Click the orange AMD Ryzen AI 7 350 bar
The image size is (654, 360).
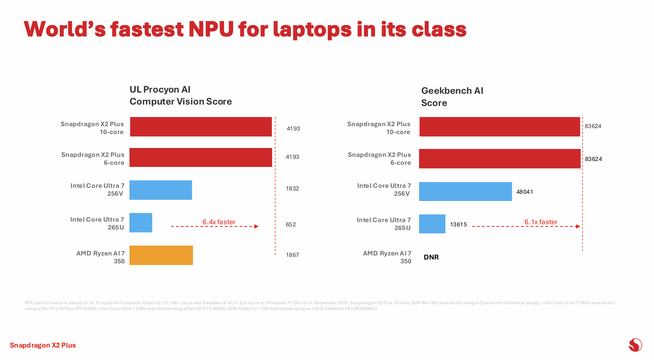tap(161, 255)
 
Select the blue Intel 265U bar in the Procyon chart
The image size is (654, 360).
tap(141, 223)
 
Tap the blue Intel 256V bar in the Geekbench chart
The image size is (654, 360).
tap(465, 191)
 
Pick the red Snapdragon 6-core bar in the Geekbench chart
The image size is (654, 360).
tap(499, 159)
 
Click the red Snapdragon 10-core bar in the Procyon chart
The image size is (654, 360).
tap(201, 127)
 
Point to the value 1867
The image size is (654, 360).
tap(292, 255)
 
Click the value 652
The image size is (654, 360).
tap(291, 224)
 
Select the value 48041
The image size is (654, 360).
tap(524, 192)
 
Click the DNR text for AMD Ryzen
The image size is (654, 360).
tap(431, 257)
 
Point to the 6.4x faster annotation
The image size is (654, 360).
tap(219, 222)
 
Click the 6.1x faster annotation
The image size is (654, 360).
tap(541, 222)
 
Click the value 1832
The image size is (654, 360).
tap(292, 189)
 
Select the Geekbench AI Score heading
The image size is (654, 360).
tap(452, 97)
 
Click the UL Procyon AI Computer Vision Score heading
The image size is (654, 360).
tap(180, 95)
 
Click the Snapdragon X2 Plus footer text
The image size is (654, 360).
tap(43, 345)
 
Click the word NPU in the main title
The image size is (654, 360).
tap(211, 29)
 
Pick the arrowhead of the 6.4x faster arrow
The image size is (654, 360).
tap(257, 226)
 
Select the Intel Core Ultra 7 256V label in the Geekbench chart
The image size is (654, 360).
tap(384, 189)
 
